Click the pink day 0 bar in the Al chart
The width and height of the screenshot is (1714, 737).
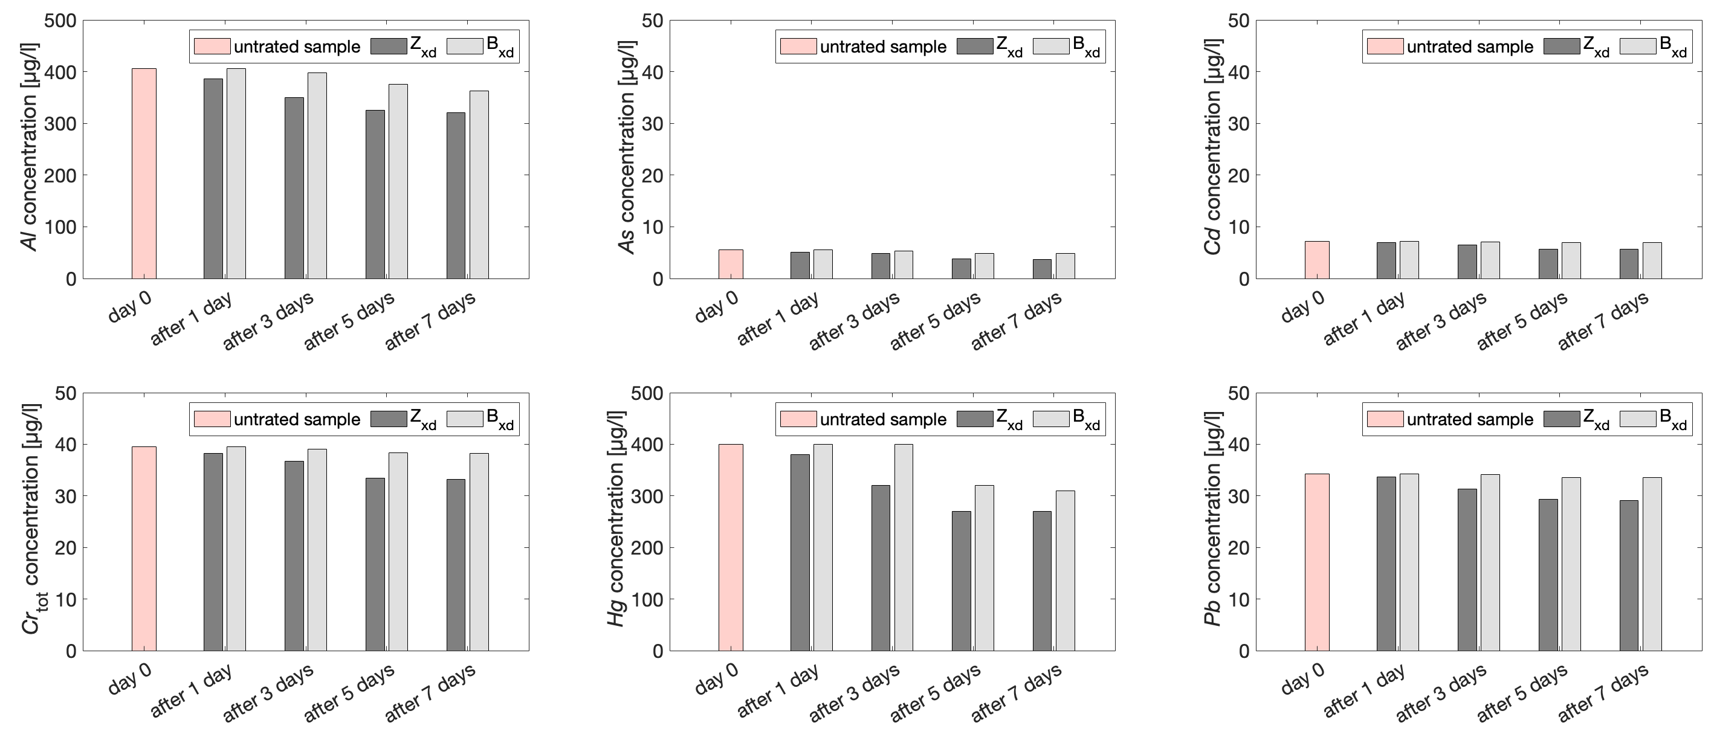point(144,173)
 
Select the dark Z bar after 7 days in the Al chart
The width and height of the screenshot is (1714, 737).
point(456,196)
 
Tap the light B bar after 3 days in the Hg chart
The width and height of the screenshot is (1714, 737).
point(903,547)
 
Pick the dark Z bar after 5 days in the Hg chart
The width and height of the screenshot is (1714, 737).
point(962,581)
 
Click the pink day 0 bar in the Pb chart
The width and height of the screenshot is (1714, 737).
point(1317,562)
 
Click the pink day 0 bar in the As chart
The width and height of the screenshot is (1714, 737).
point(731,264)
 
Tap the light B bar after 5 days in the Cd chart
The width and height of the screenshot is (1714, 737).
point(1571,261)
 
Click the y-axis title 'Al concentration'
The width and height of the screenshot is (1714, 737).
point(30,147)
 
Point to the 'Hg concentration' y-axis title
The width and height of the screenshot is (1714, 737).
point(617,519)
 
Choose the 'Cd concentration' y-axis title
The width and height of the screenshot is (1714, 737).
point(1212,147)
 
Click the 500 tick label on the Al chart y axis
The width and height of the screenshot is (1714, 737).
point(60,21)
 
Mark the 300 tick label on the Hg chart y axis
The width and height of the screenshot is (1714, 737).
point(647,496)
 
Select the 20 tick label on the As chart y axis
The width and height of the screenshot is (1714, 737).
point(652,176)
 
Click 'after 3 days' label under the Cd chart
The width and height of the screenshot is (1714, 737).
point(1441,322)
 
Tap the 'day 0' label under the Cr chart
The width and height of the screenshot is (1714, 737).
point(131,678)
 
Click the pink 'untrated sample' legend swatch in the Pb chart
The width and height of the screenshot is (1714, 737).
point(1385,419)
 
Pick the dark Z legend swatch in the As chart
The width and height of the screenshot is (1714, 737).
point(975,46)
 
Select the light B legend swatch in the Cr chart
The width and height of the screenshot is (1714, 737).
point(464,419)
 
